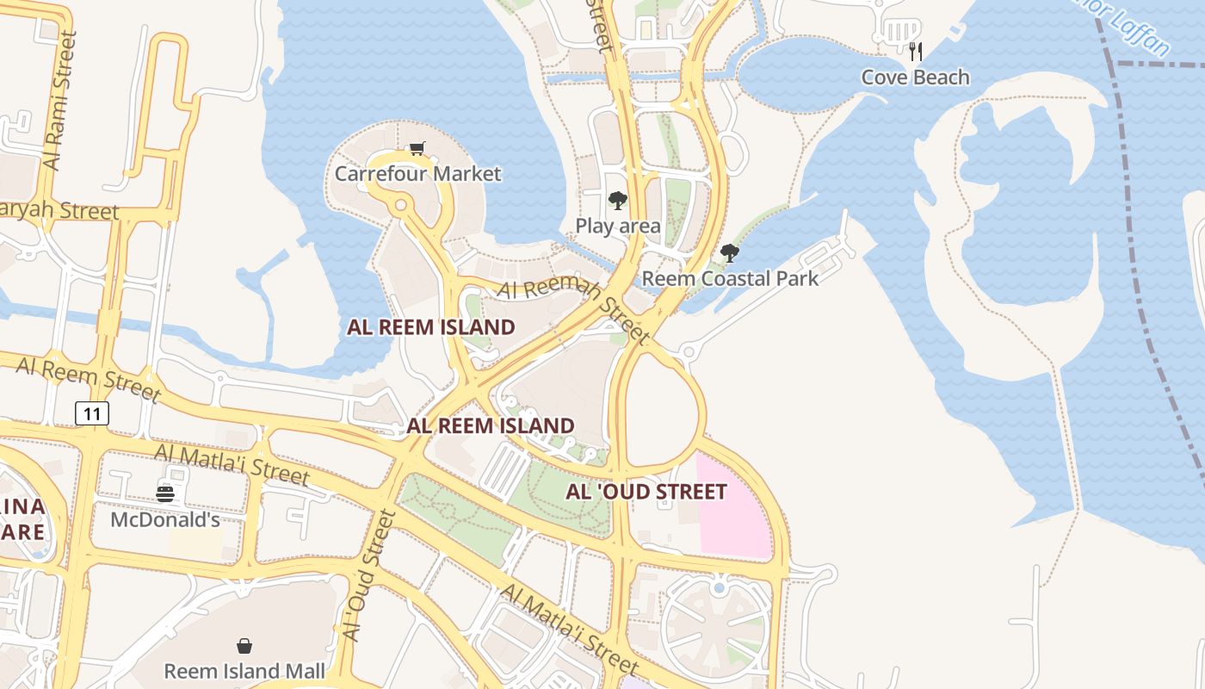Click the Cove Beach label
pyautogui.click(x=915, y=78)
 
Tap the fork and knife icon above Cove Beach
pyautogui.click(x=915, y=52)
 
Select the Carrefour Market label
pyautogui.click(x=417, y=174)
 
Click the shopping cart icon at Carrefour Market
pyautogui.click(x=417, y=149)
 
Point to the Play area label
pyautogui.click(x=618, y=227)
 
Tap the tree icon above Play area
pyautogui.click(x=617, y=202)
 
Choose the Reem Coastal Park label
pyautogui.click(x=731, y=278)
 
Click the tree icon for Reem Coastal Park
pyautogui.click(x=730, y=253)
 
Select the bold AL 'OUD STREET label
pyautogui.click(x=646, y=492)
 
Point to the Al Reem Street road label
pyautogui.click(x=88, y=379)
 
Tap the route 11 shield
pyautogui.click(x=93, y=413)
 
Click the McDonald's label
pyautogui.click(x=165, y=520)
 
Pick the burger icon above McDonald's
pyautogui.click(x=165, y=493)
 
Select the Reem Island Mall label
pyautogui.click(x=244, y=671)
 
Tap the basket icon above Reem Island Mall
pyautogui.click(x=244, y=646)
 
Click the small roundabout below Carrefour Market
pyautogui.click(x=400, y=205)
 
